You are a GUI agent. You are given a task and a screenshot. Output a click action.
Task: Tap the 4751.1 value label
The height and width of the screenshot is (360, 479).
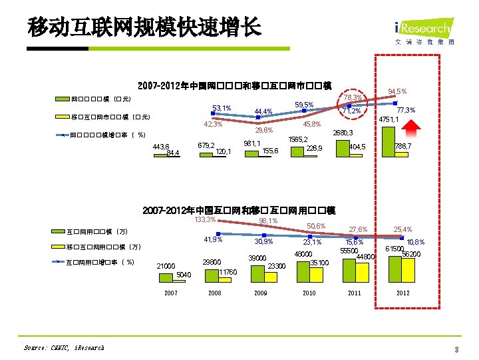[x=388, y=119]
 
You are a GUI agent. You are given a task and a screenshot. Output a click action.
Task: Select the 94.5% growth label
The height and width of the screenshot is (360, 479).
[x=397, y=91]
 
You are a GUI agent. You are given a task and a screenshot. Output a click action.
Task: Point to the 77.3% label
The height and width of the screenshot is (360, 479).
[x=406, y=110]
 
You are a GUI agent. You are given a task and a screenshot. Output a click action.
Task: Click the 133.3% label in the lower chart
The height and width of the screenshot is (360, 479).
[x=205, y=219]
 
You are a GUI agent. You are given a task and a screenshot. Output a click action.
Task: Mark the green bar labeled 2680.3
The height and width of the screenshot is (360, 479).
[x=343, y=146]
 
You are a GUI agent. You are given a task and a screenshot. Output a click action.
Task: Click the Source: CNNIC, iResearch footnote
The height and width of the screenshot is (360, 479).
[x=64, y=347]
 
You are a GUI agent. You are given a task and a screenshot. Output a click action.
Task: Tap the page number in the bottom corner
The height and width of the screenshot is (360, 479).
[x=457, y=349]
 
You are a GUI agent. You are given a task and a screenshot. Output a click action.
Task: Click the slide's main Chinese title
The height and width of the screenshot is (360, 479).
[x=145, y=27]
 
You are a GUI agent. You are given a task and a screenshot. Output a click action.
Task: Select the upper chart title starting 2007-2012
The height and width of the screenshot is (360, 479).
[x=234, y=85]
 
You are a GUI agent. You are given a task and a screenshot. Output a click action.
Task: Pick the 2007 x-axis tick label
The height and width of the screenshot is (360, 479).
[x=171, y=293]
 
